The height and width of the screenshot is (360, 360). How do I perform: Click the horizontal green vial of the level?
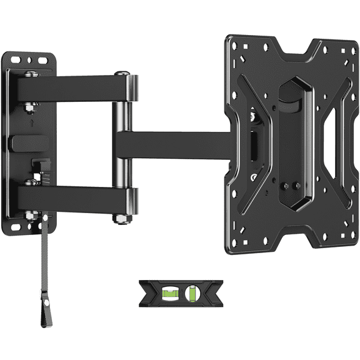pyautogui.click(x=171, y=292)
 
